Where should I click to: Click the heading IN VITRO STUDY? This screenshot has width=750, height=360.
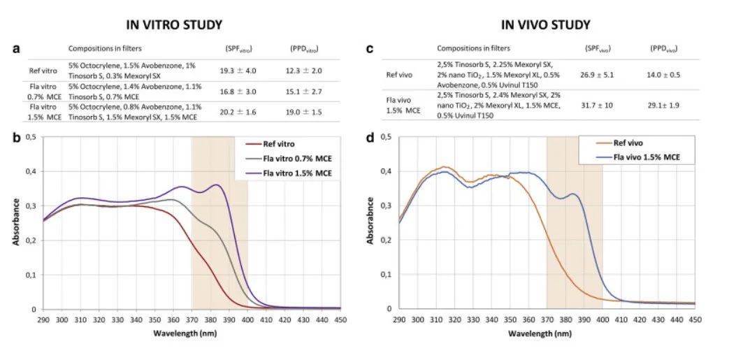pos(174,24)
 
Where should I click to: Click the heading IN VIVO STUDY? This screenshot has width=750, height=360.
pos(546,24)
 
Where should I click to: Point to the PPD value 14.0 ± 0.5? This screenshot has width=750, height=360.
pos(665,75)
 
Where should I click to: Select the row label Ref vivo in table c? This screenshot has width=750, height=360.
pos(401,75)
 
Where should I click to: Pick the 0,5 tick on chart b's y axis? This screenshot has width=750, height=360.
pos(30,137)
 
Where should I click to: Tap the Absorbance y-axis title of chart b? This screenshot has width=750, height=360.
pos(15,222)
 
